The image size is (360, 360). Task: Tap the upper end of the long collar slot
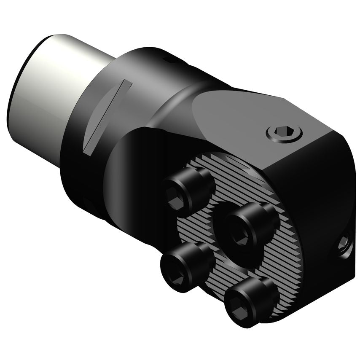126,83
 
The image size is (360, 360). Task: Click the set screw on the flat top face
285,133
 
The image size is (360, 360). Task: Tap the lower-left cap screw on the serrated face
181,266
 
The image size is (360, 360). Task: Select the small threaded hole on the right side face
344,242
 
